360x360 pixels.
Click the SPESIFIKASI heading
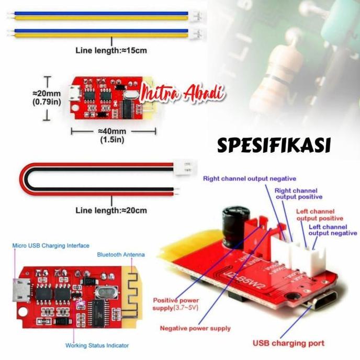pyautogui.click(x=274, y=145)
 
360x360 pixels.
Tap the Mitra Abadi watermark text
pyautogui.click(x=184, y=95)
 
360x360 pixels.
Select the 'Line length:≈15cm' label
pyautogui.click(x=111, y=51)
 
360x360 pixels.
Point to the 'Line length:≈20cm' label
pyautogui.click(x=111, y=210)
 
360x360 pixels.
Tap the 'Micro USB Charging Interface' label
pyautogui.click(x=51, y=245)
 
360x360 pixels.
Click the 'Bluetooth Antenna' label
pyautogui.click(x=121, y=255)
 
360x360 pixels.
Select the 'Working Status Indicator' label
pyautogui.click(x=97, y=345)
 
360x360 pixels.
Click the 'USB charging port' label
pyautogui.click(x=288, y=343)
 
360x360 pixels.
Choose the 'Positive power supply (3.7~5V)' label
pyautogui.click(x=176, y=304)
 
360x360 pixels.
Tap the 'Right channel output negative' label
pyautogui.click(x=250, y=178)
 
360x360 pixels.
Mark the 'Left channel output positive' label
pyautogui.click(x=320, y=215)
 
